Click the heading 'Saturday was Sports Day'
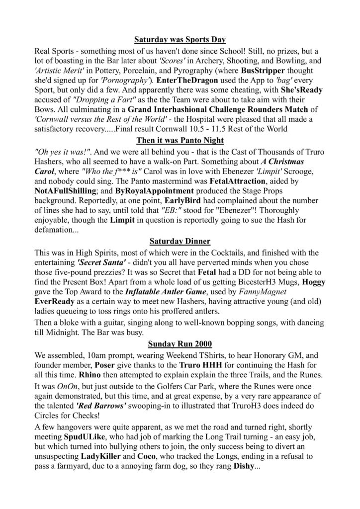[x=180, y=39]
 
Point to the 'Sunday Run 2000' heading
[x=180, y=343]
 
